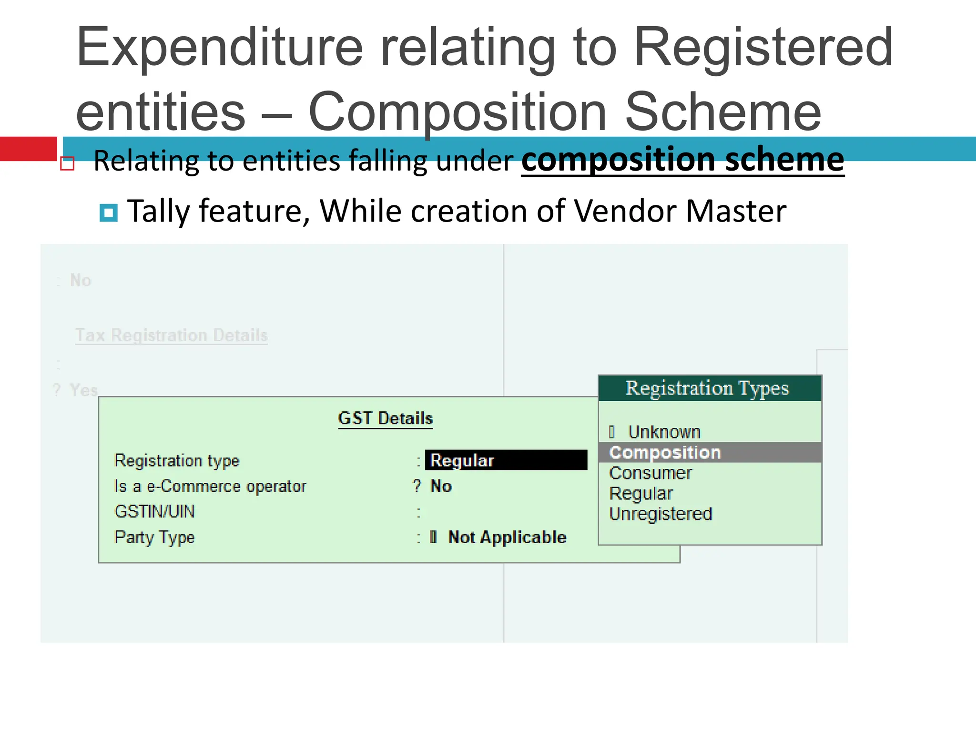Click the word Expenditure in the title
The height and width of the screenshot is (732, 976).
click(219, 48)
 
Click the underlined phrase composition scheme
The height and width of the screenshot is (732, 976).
click(682, 160)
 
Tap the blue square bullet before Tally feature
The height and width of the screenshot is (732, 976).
click(109, 213)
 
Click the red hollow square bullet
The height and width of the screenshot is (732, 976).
click(68, 163)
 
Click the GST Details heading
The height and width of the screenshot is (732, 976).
click(385, 418)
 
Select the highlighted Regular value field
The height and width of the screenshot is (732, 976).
click(506, 460)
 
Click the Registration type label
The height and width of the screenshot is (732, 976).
click(177, 461)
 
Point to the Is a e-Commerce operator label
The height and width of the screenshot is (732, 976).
click(210, 487)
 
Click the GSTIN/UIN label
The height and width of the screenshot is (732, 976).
click(154, 512)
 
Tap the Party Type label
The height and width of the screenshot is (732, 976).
click(154, 538)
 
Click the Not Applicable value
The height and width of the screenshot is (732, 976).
click(507, 538)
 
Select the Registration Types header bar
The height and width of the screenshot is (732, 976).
click(710, 388)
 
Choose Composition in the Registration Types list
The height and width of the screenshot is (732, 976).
click(665, 453)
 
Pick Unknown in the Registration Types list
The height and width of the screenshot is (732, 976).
click(664, 432)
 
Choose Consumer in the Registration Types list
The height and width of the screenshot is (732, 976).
click(651, 473)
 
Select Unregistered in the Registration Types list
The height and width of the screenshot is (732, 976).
click(661, 514)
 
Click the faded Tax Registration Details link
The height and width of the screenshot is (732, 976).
click(172, 335)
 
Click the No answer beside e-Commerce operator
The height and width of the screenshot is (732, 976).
click(441, 487)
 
